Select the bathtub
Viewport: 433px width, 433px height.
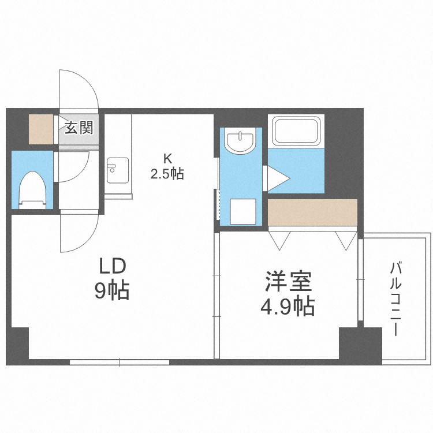(296, 131)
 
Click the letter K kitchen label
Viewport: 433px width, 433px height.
(167, 157)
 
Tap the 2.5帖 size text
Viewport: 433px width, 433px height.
(167, 173)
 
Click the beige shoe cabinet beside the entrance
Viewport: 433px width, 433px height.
(41, 130)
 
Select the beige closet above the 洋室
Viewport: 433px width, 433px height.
(312, 212)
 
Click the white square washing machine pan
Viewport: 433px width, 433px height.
(242, 211)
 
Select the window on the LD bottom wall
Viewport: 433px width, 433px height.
(120, 363)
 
